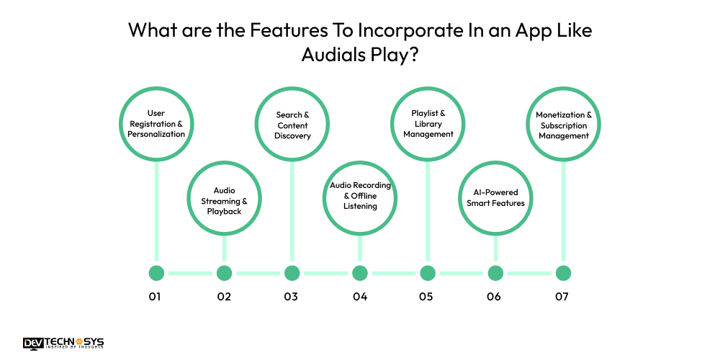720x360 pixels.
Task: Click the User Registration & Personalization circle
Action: pos(156,125)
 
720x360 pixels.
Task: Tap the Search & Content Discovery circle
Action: pos(292,125)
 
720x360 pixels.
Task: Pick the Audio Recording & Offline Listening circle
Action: pos(359,196)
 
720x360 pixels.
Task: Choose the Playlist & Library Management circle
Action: pos(428,124)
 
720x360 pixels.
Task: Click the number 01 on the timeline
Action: pos(155,297)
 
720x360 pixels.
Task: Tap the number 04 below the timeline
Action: pos(359,297)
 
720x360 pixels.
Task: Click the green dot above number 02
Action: pos(224,273)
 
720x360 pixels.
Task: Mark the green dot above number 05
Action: pos(428,273)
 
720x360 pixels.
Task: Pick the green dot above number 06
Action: pos(495,273)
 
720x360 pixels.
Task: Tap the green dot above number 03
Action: pos(292,273)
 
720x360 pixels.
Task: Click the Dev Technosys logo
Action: pos(64,343)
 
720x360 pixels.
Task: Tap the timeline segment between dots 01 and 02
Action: pos(190,273)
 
